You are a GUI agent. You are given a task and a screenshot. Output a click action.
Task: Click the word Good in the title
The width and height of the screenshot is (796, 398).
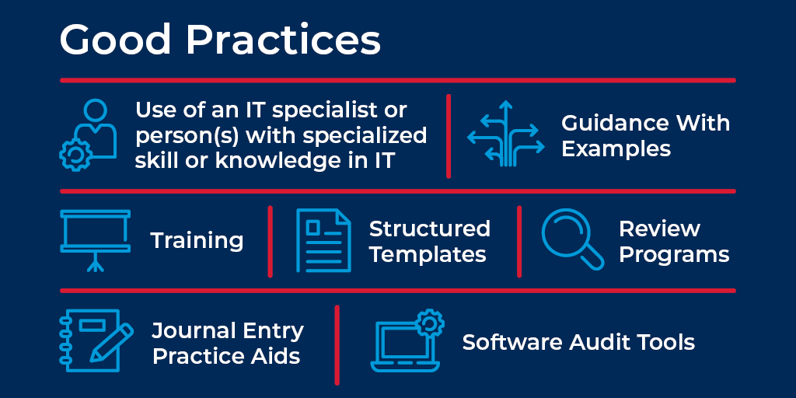point(114,40)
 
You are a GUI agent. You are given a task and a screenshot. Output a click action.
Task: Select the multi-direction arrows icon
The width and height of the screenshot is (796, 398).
point(506,134)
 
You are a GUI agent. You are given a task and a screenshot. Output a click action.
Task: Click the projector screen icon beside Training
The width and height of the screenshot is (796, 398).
point(95,240)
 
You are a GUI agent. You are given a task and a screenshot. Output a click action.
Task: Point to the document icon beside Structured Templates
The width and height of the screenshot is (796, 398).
point(323,240)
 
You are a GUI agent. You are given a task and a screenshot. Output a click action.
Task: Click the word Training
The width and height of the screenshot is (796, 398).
point(197,241)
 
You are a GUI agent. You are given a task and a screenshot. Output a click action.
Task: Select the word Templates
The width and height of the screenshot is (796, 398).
point(428,254)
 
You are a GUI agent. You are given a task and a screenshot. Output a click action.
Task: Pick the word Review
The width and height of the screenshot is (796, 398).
point(659,229)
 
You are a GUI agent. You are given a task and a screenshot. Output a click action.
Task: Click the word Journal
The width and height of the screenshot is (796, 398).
point(194,330)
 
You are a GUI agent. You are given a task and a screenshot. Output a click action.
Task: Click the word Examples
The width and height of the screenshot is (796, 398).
point(616,148)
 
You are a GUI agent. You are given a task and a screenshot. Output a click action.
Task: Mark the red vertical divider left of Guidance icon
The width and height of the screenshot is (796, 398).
point(449,136)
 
